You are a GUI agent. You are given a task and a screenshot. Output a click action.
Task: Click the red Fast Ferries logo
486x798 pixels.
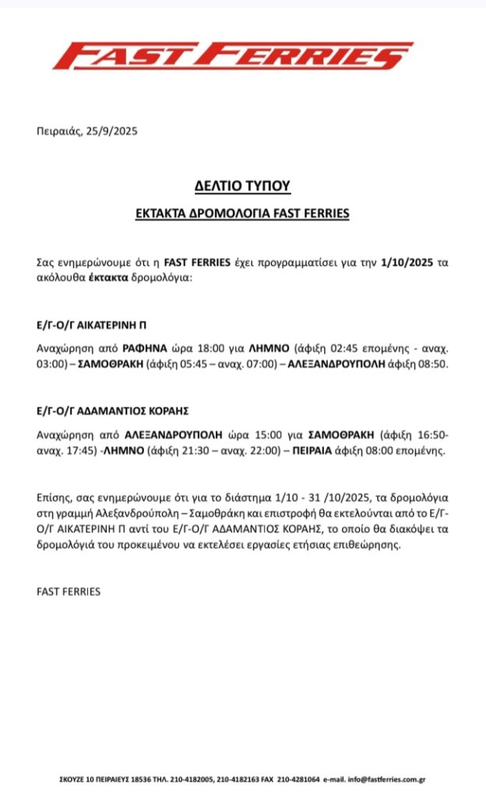[x=222, y=56]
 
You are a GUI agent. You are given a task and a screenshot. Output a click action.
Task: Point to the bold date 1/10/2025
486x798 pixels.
[x=409, y=263]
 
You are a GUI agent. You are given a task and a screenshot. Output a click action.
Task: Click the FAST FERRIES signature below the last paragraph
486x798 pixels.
[x=69, y=591]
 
